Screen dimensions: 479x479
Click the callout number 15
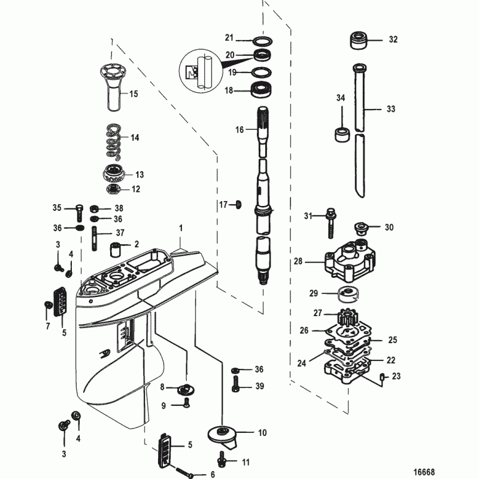pyautogui.click(x=133, y=94)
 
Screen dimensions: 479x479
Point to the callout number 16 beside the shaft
pyautogui.click(x=239, y=129)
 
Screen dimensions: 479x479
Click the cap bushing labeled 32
pyautogui.click(x=358, y=41)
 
